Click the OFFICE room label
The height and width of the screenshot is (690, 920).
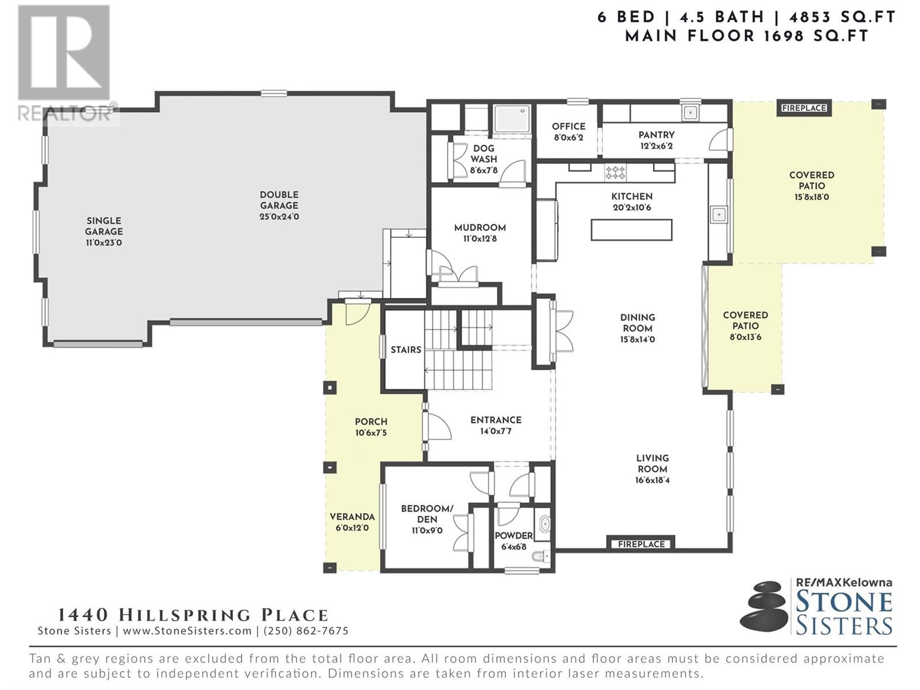(568, 126)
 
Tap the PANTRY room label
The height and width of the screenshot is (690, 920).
(657, 135)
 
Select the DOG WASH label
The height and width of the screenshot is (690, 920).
(484, 154)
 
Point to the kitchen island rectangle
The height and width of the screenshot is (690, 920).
(631, 230)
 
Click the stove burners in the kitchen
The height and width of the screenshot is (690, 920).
(615, 172)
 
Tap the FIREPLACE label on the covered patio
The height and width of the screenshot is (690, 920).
(804, 108)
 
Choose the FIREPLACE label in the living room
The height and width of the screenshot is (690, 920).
(641, 544)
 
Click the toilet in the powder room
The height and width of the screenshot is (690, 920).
(540, 557)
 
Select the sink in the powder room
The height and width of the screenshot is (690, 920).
(543, 524)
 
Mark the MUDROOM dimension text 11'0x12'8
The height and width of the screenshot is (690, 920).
(480, 239)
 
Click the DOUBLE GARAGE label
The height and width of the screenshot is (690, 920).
(279, 200)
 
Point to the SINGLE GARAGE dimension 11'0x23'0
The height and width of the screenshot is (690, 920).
(104, 243)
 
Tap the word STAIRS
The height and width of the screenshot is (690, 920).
(406, 350)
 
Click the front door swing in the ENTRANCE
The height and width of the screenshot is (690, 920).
(438, 426)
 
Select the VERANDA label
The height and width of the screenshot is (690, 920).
(352, 516)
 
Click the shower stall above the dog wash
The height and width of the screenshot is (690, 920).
(512, 119)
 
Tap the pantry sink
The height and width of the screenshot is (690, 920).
(691, 112)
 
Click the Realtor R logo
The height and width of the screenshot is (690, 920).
(64, 53)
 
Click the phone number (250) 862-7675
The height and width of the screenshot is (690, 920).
(305, 631)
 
